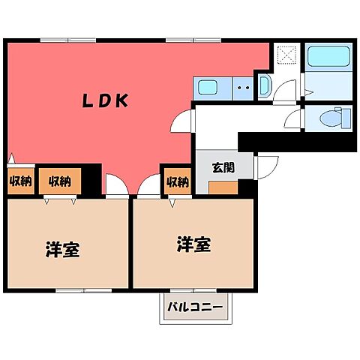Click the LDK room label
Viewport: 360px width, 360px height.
106,100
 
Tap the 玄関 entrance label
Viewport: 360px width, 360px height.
223,168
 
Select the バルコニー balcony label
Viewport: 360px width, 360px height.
195,307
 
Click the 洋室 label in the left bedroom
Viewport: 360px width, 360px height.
63,249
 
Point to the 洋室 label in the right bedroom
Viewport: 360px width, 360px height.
194,244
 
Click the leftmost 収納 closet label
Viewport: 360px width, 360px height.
21,181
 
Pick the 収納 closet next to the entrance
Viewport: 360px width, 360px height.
178,181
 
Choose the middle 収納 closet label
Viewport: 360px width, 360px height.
60,181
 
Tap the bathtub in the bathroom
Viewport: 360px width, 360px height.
328,56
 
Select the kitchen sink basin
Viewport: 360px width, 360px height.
207,88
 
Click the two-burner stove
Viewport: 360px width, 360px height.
243,88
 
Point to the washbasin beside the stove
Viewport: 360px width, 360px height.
263,85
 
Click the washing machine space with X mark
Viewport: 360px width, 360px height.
287,55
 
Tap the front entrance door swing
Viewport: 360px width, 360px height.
268,167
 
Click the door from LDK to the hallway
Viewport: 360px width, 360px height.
181,121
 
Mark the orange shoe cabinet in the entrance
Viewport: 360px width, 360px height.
223,187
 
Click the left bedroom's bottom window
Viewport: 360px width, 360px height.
84,290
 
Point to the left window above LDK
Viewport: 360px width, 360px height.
68,40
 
